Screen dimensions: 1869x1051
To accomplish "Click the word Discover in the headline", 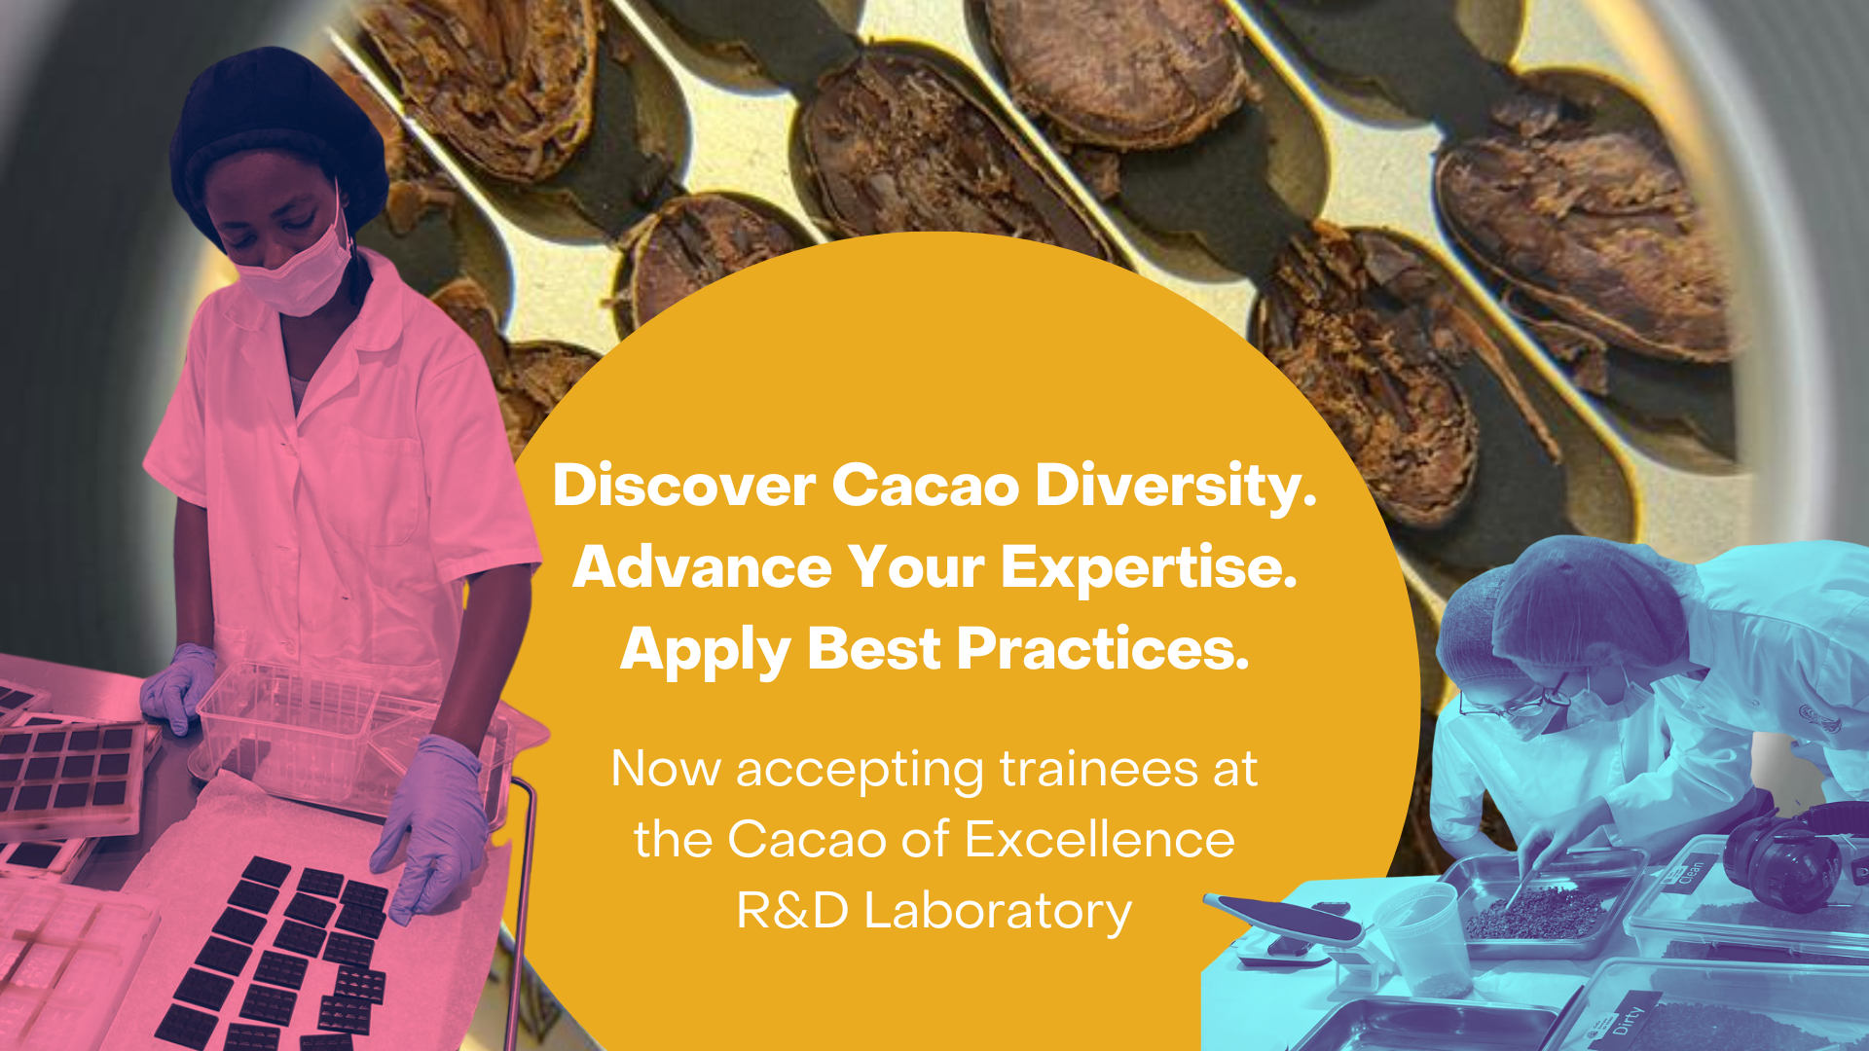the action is (683, 485).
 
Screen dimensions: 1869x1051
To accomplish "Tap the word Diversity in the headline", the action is (1175, 487).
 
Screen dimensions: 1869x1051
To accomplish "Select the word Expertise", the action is (1149, 568).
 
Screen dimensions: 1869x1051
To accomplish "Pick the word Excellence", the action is (1100, 839).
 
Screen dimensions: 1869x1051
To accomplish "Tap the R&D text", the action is (792, 911).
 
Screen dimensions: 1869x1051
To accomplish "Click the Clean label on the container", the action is (1692, 870).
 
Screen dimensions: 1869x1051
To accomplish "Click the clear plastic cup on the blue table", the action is (1424, 940).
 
